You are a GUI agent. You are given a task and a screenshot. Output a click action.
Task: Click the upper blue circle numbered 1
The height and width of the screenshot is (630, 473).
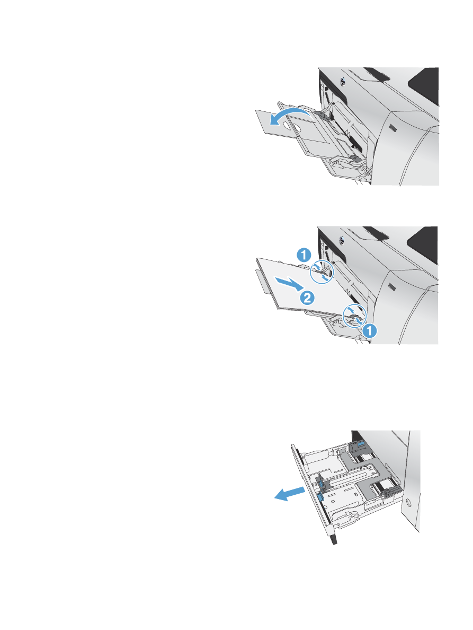click(x=303, y=255)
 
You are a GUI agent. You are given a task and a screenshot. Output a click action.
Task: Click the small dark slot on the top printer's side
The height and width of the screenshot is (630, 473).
click(x=391, y=128)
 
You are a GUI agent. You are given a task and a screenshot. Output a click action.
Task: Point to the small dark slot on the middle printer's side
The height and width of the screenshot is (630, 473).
click(x=391, y=287)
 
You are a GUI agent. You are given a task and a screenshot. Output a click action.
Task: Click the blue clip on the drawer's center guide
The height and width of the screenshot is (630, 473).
click(x=319, y=481)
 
